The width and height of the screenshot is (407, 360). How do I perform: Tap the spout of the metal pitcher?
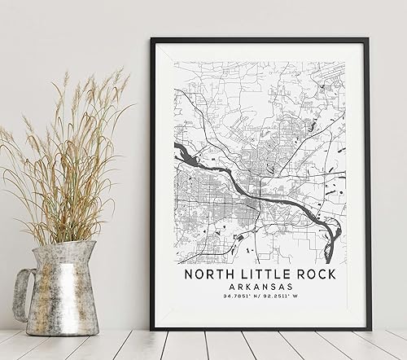coord(90,249)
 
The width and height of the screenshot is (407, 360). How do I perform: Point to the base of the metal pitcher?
coord(63,329)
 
